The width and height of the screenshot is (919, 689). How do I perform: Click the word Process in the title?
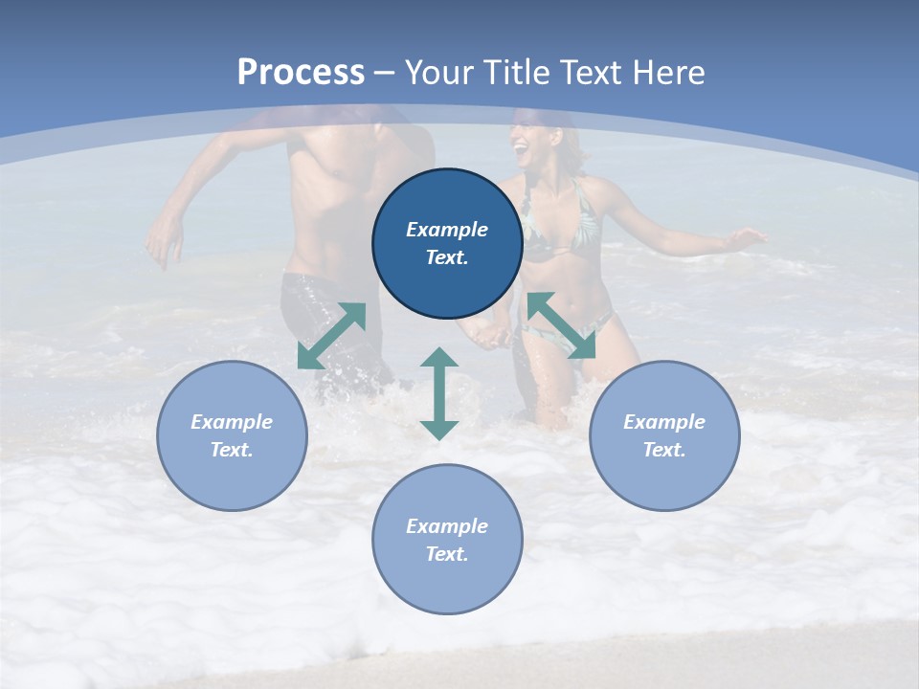[x=301, y=73]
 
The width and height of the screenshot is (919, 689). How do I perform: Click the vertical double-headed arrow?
[x=439, y=393]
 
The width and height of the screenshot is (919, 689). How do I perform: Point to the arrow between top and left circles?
[x=331, y=335]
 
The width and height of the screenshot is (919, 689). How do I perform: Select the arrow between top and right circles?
[x=561, y=325]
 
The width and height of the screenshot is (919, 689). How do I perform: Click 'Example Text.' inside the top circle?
[x=447, y=243]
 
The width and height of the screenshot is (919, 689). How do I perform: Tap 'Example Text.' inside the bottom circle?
[x=447, y=540]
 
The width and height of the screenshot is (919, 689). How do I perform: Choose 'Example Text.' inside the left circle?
[x=232, y=435]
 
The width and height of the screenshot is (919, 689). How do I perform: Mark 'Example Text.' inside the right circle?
[x=664, y=435]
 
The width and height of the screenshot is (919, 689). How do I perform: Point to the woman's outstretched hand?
[x=748, y=235]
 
